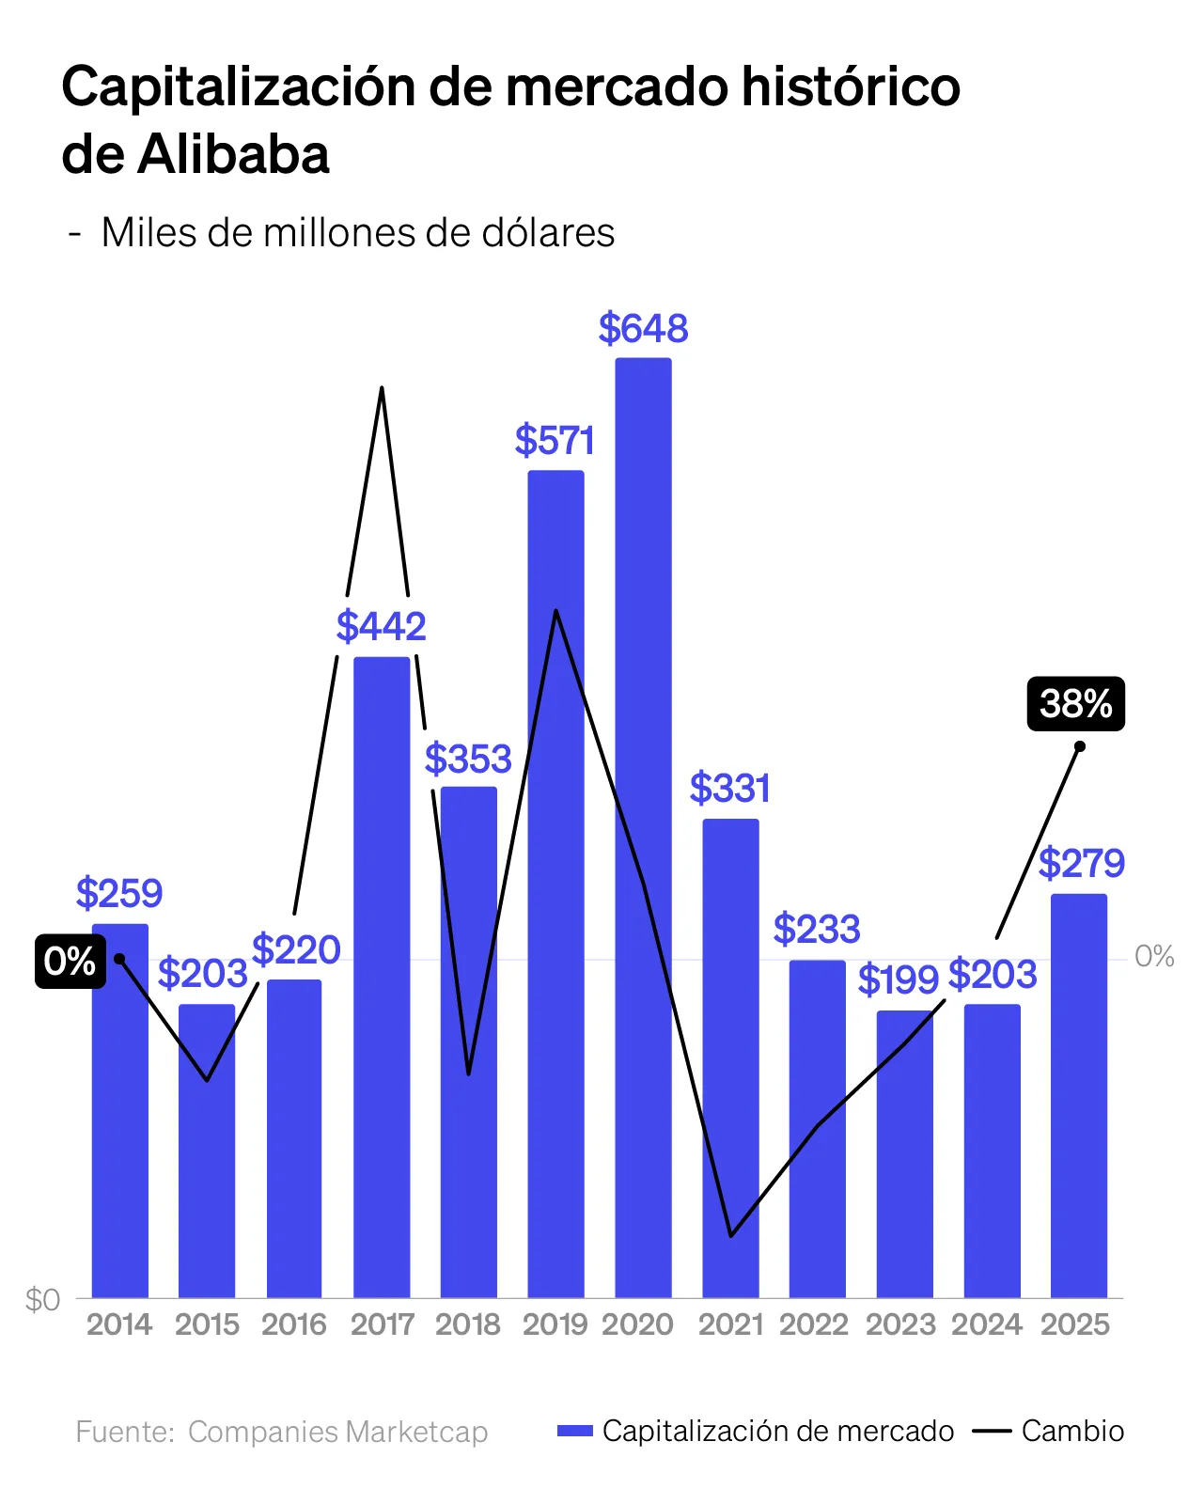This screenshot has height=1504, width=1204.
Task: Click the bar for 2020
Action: coord(643,827)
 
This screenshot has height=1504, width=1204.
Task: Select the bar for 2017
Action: coord(382,978)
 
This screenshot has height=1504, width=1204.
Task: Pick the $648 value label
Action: coord(643,329)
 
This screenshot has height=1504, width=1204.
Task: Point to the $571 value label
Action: coord(555,441)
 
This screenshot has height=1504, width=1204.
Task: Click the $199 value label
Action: coord(899,980)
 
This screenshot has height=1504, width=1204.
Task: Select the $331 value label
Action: coord(730,789)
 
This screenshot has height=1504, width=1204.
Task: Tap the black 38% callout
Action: coord(1075,703)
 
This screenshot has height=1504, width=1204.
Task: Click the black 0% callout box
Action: coord(70,961)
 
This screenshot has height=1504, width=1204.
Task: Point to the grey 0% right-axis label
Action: coord(1154,957)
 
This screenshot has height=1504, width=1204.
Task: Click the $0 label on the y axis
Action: coord(43,1300)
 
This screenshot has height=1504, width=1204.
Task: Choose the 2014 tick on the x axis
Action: coord(119,1324)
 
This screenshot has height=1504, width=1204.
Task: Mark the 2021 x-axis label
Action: coord(730,1324)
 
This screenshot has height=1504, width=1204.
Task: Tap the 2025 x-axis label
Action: coord(1075,1324)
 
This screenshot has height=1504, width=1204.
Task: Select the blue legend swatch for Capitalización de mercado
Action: coord(575,1431)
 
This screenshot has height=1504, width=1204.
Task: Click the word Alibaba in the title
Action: coord(234,155)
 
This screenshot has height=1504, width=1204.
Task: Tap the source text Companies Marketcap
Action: coord(337,1432)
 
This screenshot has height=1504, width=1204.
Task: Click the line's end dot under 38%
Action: coord(1080,746)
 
